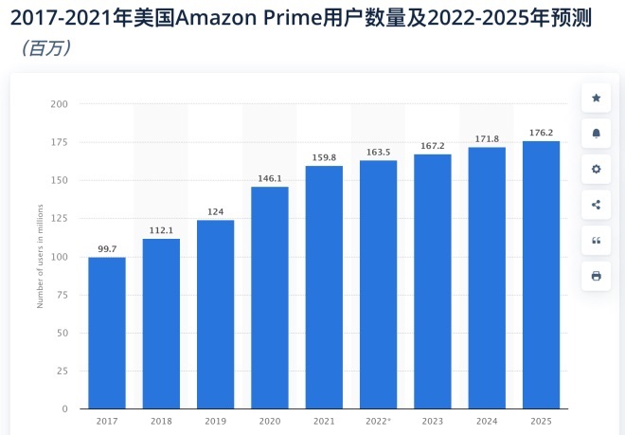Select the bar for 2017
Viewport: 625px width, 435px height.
(x=107, y=333)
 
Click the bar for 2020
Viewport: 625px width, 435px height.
(x=270, y=298)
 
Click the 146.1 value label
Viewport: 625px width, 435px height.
(x=270, y=177)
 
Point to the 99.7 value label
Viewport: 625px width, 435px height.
(x=107, y=248)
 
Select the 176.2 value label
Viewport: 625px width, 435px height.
(x=541, y=132)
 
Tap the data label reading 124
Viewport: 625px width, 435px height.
(x=215, y=211)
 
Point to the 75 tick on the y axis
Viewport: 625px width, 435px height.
(x=62, y=295)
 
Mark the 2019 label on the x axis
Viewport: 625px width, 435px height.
(x=215, y=421)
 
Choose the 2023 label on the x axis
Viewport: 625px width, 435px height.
(x=432, y=421)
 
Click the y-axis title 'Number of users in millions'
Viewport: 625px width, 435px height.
(x=40, y=257)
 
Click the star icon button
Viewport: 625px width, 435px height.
(x=596, y=98)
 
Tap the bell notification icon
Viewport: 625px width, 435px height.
(x=596, y=134)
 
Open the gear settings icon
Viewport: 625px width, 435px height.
(x=596, y=169)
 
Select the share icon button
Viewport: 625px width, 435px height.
(x=596, y=205)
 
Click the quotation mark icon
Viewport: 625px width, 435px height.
(x=596, y=240)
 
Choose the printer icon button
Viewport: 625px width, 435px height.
(x=596, y=276)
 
